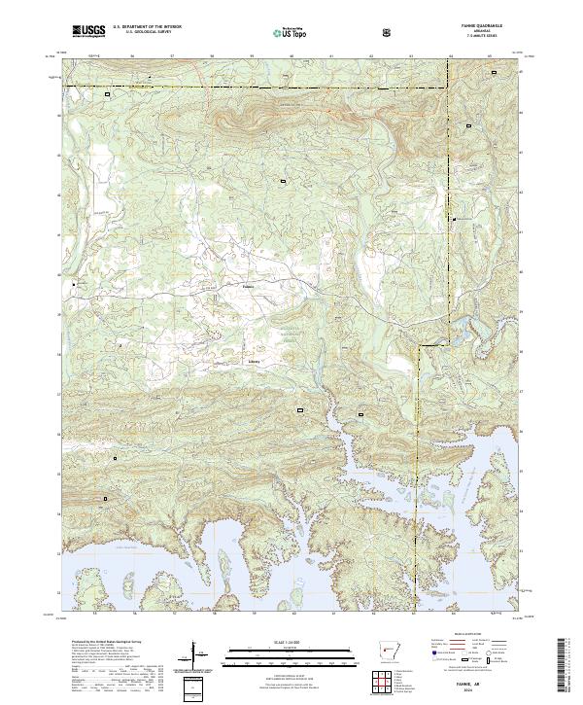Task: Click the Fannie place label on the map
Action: pyautogui.click(x=248, y=287)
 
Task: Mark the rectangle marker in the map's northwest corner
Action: pyautogui.click(x=108, y=95)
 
